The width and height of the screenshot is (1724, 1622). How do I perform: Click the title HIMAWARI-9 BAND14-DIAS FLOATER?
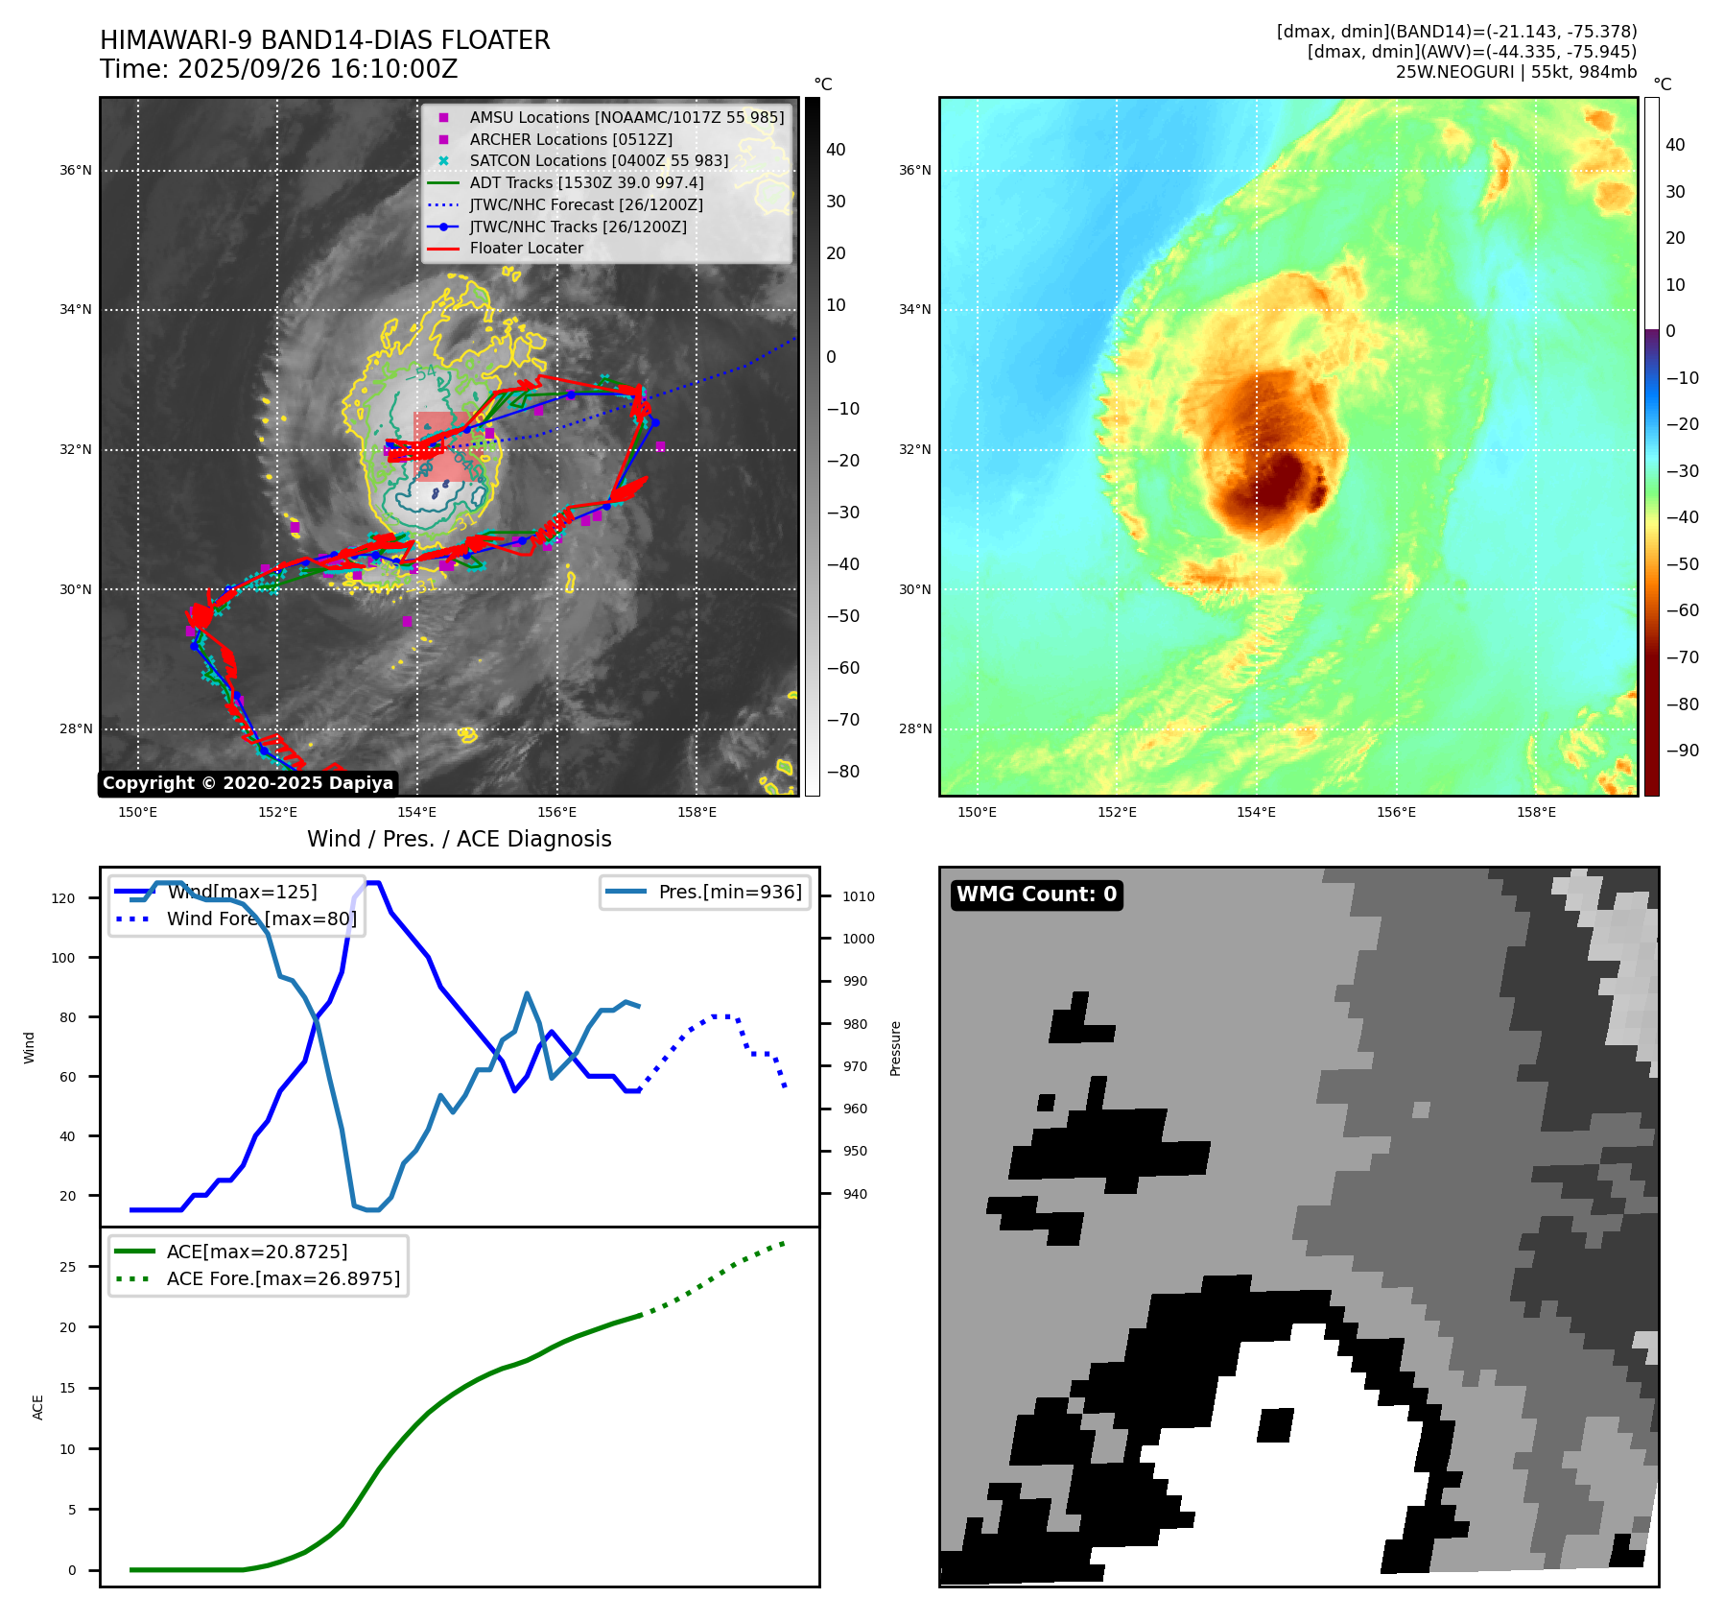click(x=324, y=40)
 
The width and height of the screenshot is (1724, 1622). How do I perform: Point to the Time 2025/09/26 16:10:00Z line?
click(x=278, y=69)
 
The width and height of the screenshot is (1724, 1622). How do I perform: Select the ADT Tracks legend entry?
click(x=586, y=182)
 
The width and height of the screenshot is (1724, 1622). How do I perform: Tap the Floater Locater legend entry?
click(x=526, y=248)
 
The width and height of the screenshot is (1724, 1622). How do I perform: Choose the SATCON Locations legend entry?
click(x=598, y=160)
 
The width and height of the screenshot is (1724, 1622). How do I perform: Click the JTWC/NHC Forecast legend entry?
click(x=585, y=204)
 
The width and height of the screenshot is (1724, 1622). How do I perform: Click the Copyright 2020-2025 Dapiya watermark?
click(x=248, y=783)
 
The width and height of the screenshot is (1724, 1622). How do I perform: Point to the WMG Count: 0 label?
click(x=1036, y=894)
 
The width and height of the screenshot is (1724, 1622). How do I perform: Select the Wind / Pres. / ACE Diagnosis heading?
click(x=459, y=839)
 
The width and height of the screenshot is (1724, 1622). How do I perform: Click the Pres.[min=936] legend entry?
click(x=729, y=892)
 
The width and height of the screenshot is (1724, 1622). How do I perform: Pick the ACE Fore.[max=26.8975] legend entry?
click(x=282, y=1278)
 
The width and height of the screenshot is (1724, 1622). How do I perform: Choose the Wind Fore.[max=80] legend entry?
click(x=261, y=918)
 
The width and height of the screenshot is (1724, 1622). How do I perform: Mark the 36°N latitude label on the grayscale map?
click(x=76, y=170)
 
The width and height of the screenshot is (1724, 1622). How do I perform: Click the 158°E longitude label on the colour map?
click(x=1536, y=812)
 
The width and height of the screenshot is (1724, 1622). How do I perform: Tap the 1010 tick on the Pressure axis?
click(x=858, y=896)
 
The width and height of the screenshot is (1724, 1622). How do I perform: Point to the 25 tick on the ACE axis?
click(x=67, y=1267)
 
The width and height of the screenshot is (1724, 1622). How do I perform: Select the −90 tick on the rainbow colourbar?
click(x=1682, y=751)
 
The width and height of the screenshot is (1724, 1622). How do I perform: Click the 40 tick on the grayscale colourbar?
click(x=836, y=150)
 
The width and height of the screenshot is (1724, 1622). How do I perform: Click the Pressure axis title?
click(x=895, y=1048)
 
